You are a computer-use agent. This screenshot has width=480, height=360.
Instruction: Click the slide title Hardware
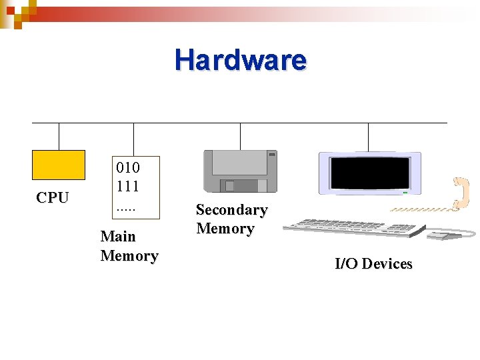[241, 60]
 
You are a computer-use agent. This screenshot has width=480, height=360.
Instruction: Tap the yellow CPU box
[59, 165]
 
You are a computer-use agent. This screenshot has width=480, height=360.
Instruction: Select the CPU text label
[53, 197]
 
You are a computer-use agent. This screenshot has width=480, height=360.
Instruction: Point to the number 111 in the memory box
[128, 186]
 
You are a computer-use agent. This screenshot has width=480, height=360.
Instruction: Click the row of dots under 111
[125, 206]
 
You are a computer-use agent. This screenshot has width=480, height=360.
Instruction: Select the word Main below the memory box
[118, 236]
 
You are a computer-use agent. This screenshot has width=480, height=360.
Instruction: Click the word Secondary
[231, 210]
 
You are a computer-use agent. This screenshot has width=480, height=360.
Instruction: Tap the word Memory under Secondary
[225, 229]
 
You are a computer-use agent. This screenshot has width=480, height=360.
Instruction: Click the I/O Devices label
[373, 263]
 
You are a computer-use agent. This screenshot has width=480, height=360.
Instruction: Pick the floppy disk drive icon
[240, 172]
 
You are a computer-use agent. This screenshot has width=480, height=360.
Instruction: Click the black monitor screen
[370, 173]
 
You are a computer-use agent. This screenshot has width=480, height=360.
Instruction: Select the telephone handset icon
[460, 193]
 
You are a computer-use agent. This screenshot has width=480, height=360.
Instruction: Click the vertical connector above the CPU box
[59, 136]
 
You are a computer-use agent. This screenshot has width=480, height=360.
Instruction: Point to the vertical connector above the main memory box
[133, 139]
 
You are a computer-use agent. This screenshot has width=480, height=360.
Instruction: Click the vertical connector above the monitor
[368, 137]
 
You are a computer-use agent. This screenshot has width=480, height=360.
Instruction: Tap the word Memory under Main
[129, 255]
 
